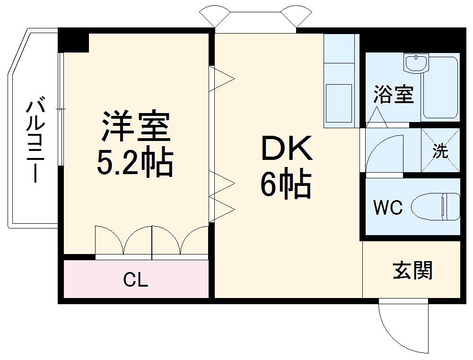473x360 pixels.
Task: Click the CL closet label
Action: click(x=136, y=281)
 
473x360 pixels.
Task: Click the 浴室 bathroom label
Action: click(x=393, y=95)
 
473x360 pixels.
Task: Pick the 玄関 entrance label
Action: click(x=412, y=271)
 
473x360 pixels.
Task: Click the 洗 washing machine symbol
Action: click(x=440, y=151)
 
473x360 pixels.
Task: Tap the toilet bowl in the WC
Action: click(x=435, y=207)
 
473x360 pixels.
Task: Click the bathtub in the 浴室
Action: click(x=441, y=88)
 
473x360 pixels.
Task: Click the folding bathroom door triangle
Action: click(x=377, y=118)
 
